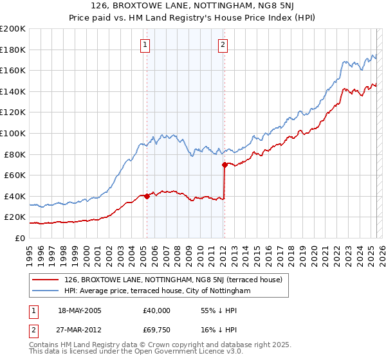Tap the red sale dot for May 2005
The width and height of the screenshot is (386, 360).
[x=147, y=196]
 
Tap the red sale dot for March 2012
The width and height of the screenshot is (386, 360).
[x=225, y=165]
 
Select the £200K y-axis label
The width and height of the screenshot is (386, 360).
[x=13, y=29]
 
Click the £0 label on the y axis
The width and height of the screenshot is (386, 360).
[x=19, y=238]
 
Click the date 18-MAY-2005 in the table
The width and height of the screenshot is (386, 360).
[x=80, y=310]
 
